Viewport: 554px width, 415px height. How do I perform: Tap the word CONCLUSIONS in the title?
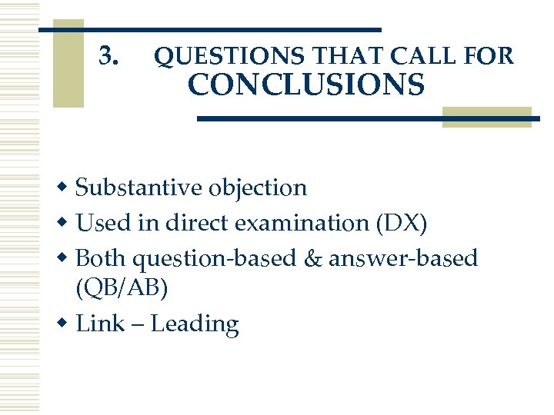[x=305, y=85]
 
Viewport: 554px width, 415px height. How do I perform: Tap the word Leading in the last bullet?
[x=195, y=325]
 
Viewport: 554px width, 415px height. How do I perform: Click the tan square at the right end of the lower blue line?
[x=487, y=117]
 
